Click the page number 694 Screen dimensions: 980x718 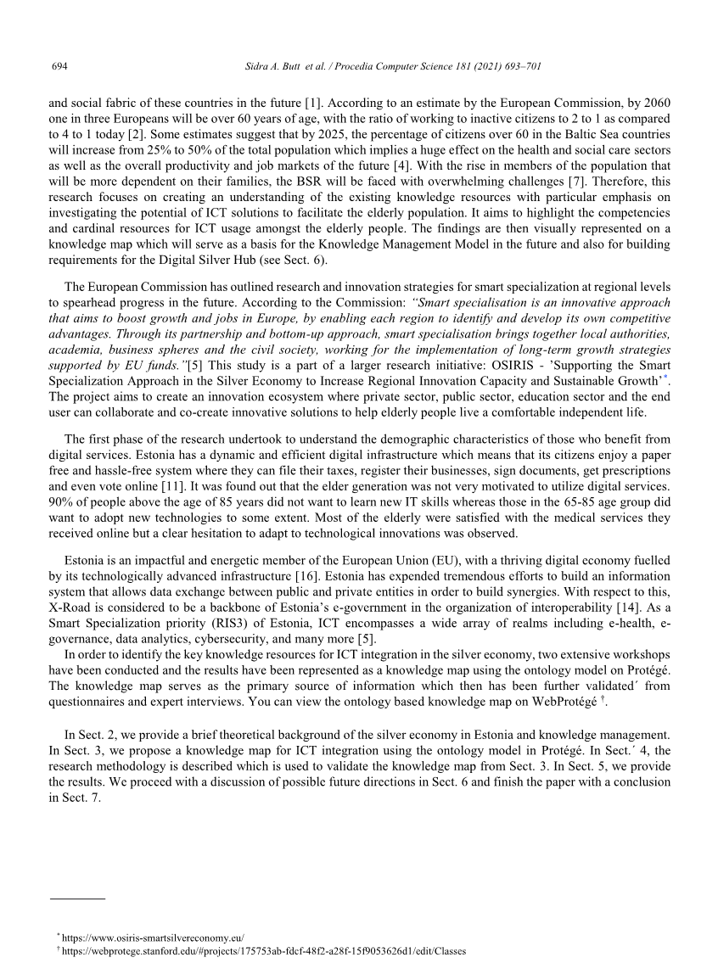pyautogui.click(x=59, y=65)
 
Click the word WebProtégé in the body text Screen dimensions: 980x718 pyautogui.click(x=558, y=701)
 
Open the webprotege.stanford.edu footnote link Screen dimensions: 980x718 pyautogui.click(x=263, y=951)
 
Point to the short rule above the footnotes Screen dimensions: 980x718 pyautogui.click(x=77, y=897)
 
